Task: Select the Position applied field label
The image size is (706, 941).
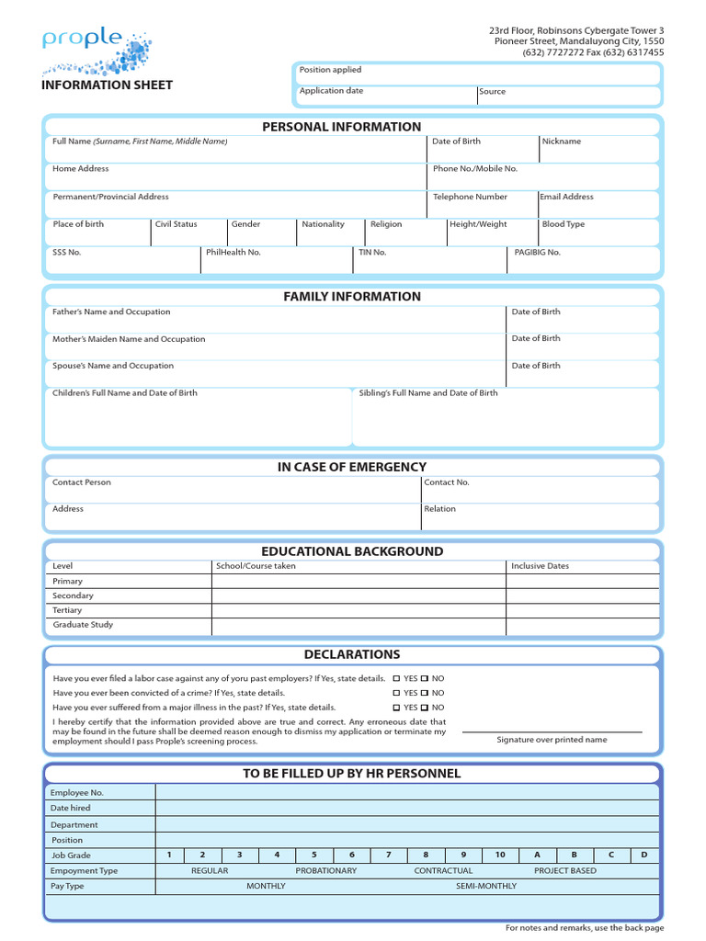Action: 330,70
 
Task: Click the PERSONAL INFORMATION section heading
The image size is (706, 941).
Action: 341,127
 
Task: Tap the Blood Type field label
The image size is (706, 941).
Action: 563,224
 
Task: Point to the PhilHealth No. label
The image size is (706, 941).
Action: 233,252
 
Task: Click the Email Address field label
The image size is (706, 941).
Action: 566,197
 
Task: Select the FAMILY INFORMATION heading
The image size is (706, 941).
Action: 352,296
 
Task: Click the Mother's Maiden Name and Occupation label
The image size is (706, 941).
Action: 129,339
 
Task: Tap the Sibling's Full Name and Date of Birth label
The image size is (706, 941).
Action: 428,392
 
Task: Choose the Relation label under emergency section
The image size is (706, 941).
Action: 439,509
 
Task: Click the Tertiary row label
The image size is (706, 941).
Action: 67,610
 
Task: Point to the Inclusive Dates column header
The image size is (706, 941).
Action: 540,566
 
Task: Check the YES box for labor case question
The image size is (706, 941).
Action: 397,678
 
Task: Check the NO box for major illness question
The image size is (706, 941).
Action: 426,708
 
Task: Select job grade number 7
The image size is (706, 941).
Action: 389,855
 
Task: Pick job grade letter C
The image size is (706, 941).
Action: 610,855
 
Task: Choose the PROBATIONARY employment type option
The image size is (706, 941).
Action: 325,870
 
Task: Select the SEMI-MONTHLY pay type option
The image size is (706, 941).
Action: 485,886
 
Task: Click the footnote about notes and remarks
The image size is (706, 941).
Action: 585,927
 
